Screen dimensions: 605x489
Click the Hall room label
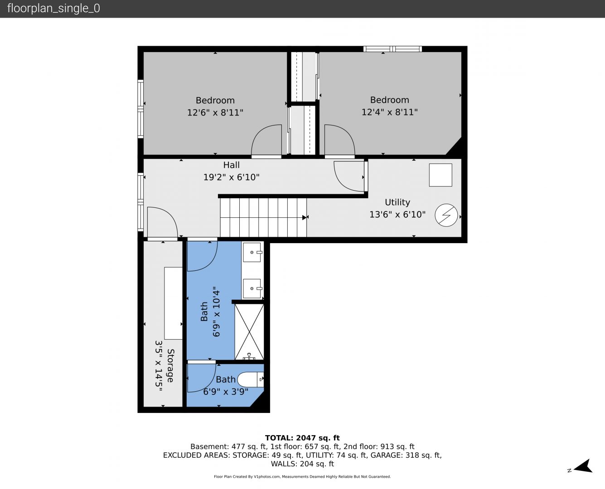(x=231, y=165)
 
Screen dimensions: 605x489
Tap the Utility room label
(x=397, y=202)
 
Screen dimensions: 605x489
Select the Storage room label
(x=170, y=365)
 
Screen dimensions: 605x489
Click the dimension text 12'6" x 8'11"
(x=215, y=113)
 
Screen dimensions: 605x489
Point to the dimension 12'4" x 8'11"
(x=389, y=112)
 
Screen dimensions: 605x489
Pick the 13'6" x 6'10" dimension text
(x=397, y=215)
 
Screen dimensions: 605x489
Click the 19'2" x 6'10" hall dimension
(x=231, y=177)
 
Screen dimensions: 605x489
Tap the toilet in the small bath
(x=250, y=379)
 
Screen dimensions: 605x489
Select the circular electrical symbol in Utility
(x=446, y=215)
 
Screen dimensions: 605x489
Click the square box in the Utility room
(x=440, y=175)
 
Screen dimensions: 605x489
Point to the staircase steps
(x=263, y=217)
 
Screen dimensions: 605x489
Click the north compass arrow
(x=583, y=466)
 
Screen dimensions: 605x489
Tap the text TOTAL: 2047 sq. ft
(x=302, y=438)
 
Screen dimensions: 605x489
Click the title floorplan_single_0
(x=53, y=9)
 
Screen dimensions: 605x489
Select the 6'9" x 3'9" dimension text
(x=226, y=392)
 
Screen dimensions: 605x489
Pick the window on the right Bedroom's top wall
(x=392, y=49)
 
